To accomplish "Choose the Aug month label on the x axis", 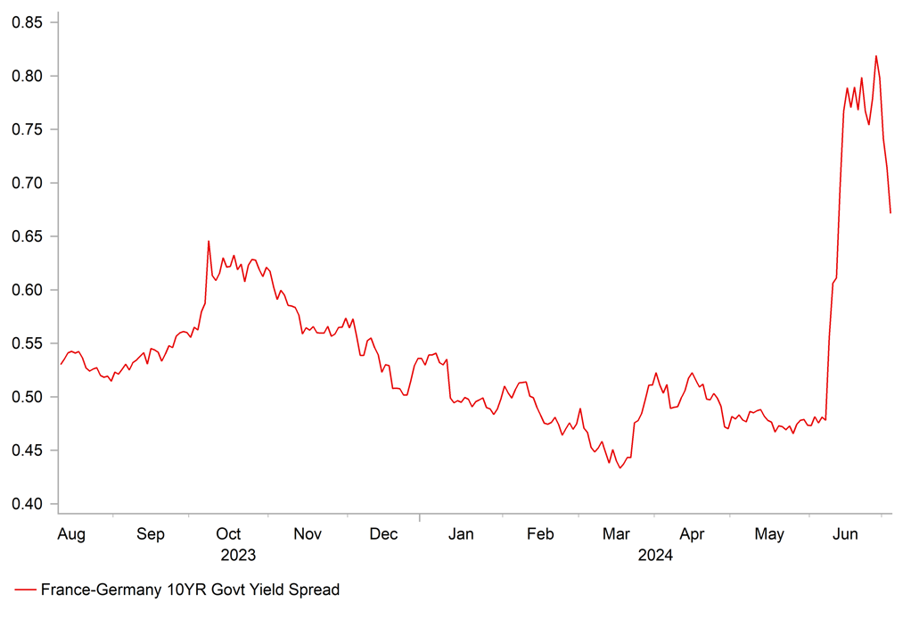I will (71, 534).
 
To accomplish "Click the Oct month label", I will (229, 534).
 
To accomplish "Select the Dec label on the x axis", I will (383, 534).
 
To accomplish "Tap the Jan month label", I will (461, 534).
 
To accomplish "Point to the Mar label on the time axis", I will (616, 534).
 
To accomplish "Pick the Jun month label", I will (845, 534).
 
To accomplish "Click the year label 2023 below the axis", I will (238, 556).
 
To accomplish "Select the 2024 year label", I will (655, 556).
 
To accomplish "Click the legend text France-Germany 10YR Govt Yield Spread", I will (190, 590).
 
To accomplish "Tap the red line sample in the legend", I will (25, 590).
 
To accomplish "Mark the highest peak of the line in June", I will (876, 56).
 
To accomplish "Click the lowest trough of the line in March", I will (620, 468).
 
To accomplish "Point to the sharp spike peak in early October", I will (209, 241).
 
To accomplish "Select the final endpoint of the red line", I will (890, 212).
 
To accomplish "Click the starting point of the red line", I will (61, 364).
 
